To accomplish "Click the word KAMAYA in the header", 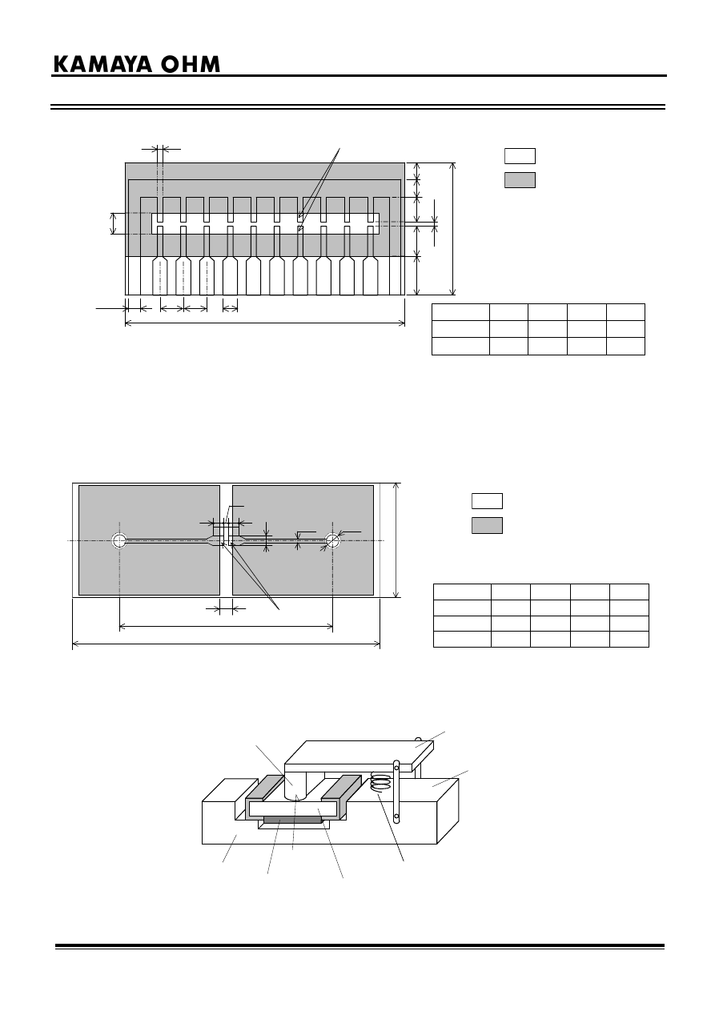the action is click(102, 65).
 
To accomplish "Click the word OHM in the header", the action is click(191, 65).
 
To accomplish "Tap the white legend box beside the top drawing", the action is click(520, 156).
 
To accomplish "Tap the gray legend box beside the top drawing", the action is click(520, 179).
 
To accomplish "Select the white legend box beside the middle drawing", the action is click(487, 501).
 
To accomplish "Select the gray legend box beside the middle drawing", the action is click(487, 525).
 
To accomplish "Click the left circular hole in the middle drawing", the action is click(119, 540).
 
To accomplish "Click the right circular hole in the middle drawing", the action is click(332, 540).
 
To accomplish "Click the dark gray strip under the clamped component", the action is click(292, 819).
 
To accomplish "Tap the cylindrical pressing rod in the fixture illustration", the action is click(295, 786).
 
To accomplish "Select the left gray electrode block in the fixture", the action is click(264, 793).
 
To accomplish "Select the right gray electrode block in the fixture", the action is click(341, 793).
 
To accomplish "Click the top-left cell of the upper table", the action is click(460, 312).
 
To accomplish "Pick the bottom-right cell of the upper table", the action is click(625, 346).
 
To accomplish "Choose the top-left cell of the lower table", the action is click(462, 592).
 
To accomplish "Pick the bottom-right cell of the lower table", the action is click(629, 639).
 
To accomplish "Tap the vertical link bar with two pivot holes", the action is click(396, 792).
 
